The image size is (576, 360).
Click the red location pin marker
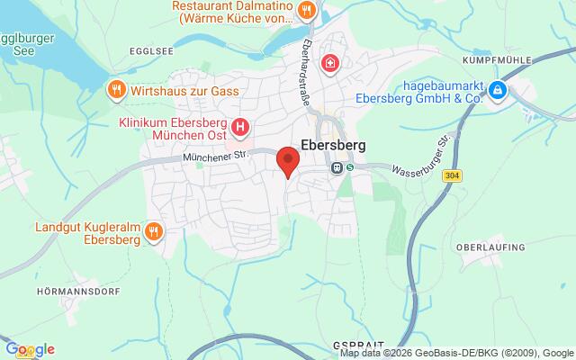(287, 160)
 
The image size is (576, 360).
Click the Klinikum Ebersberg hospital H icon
(239, 127)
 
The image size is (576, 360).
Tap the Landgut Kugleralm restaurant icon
(155, 232)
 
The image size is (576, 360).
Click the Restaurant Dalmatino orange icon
(308, 11)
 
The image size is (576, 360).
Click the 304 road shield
(453, 176)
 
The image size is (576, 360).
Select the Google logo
(29, 349)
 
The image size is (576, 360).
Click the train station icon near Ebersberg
(335, 166)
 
